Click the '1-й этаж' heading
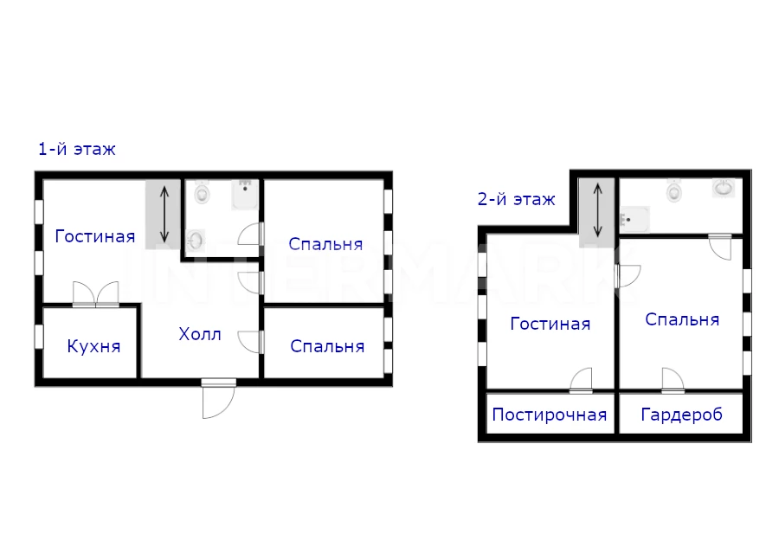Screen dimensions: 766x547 click(77, 149)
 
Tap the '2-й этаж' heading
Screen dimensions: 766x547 click(517, 199)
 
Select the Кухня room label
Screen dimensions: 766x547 click(93, 346)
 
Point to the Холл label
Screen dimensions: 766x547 click(200, 334)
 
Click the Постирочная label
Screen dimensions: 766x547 click(550, 415)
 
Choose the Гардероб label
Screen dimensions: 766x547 click(681, 415)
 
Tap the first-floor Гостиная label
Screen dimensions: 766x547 click(94, 236)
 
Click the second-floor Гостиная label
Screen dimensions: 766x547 click(550, 324)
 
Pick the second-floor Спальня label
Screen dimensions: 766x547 click(682, 319)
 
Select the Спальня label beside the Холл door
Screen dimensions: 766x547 click(327, 346)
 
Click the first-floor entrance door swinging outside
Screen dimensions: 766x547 click(219, 398)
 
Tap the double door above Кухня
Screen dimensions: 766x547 click(96, 294)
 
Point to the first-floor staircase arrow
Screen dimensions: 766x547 click(164, 215)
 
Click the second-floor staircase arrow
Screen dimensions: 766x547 click(597, 210)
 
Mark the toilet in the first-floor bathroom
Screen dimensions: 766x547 click(202, 192)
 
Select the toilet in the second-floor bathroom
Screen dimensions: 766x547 click(674, 190)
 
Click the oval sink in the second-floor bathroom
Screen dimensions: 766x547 click(724, 188)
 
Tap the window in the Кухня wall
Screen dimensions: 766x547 click(39, 337)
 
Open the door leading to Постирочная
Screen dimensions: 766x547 click(581, 381)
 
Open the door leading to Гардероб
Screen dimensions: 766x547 click(673, 381)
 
